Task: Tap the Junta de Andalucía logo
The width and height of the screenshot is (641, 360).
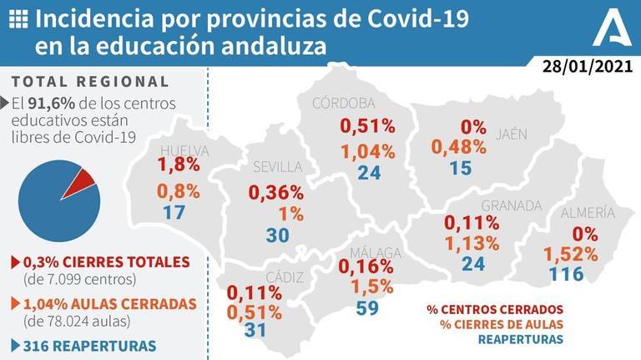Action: click(611, 31)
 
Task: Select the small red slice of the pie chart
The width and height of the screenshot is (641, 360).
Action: click(83, 179)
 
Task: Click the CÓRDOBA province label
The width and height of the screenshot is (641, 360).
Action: click(344, 104)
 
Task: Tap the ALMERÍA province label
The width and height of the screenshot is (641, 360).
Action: click(588, 212)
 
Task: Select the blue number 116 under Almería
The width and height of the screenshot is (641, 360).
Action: click(567, 272)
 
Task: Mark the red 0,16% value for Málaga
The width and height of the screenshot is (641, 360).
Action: click(365, 266)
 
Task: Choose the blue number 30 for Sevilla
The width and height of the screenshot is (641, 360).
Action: click(278, 235)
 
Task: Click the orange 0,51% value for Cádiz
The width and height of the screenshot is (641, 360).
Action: click(257, 312)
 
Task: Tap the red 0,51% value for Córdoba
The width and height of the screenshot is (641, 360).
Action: click(367, 127)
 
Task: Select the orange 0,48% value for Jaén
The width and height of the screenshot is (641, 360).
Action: click(458, 146)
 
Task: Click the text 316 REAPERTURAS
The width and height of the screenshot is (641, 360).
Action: click(88, 345)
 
